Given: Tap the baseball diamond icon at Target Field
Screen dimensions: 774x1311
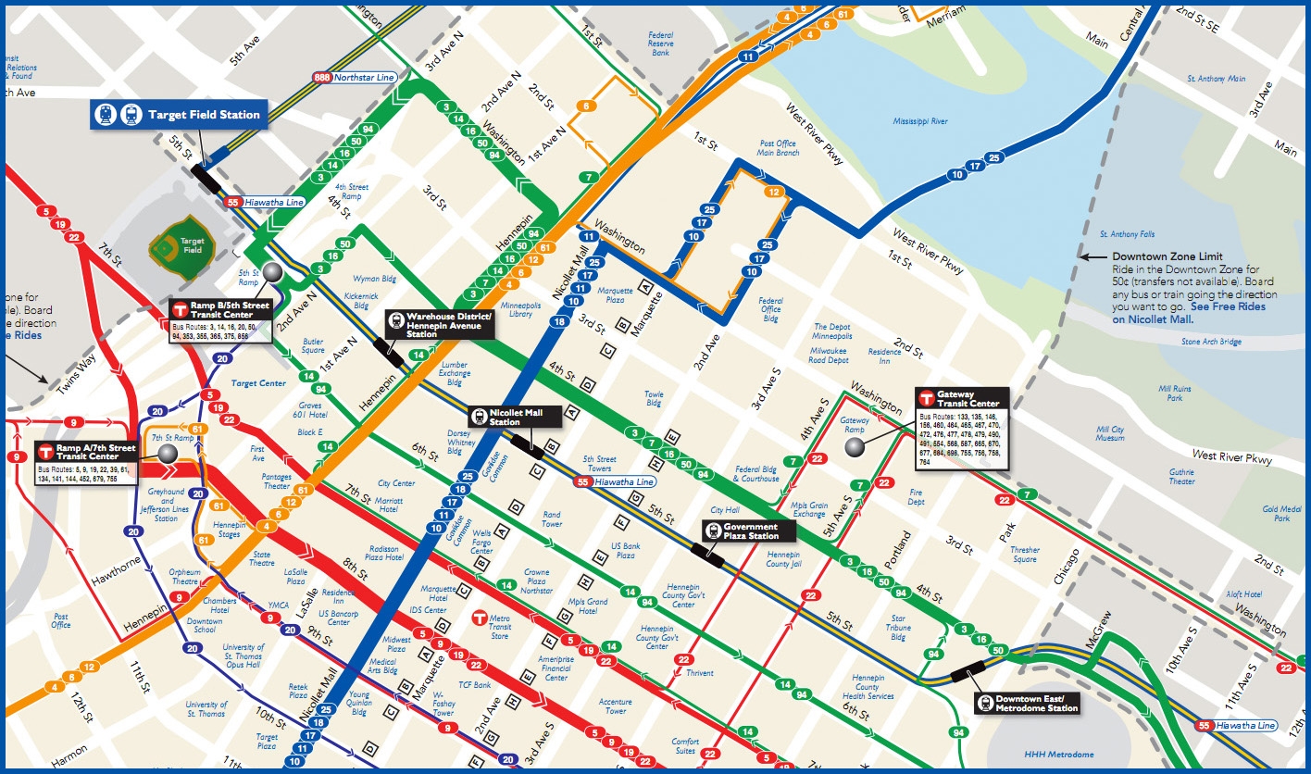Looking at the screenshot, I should point(168,245).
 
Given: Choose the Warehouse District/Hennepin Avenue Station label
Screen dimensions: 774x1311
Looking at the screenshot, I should point(440,324).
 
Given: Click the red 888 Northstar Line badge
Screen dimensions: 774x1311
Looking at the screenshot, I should point(321,78).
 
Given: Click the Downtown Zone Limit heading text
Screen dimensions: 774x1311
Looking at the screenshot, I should point(1167,256).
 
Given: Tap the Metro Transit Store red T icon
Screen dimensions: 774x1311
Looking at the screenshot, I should point(479,617).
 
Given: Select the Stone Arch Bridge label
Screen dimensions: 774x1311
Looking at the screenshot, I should point(1211,342).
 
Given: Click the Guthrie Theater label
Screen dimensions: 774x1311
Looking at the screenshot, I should point(1181,476).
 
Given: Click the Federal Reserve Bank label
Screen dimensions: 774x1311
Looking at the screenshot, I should point(660,43).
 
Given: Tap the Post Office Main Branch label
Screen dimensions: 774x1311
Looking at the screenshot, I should point(778,148).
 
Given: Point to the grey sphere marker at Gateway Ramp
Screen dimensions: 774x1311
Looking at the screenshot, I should point(855,447).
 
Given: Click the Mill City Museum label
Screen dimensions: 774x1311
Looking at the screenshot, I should point(1109,434).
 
